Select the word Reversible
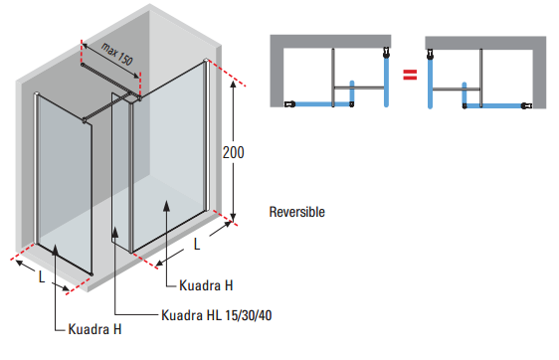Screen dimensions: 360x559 coord(296,212)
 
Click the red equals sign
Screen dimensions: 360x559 coord(407,75)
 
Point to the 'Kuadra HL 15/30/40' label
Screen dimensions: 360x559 coord(216,315)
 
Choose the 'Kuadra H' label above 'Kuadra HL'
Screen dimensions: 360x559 coord(206,285)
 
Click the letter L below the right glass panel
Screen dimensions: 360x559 coord(197,243)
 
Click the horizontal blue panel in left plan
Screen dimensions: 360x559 coord(314,103)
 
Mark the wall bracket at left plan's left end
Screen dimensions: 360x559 coord(287,103)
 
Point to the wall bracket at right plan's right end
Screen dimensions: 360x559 coord(530,103)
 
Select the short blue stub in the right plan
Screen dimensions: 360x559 coord(463,95)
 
